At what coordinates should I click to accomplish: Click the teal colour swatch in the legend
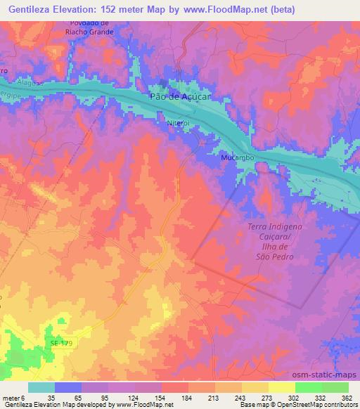[x=41, y=388]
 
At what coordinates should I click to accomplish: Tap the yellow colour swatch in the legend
[x=281, y=388]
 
